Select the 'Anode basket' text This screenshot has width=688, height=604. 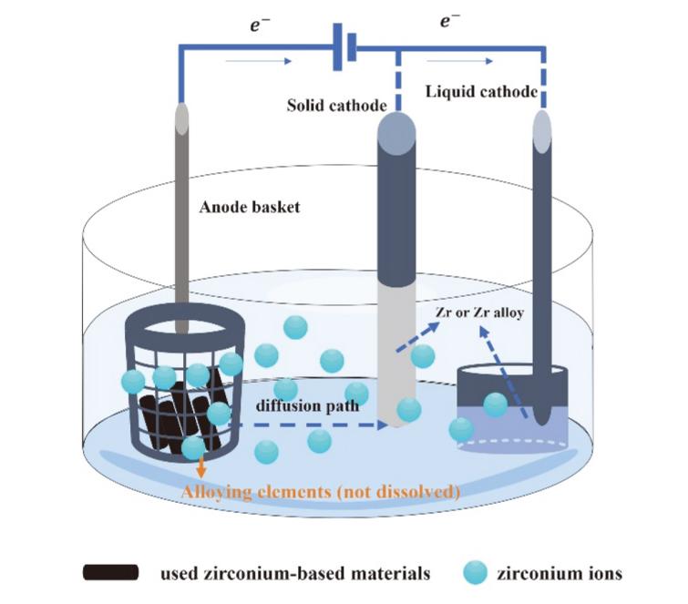point(250,207)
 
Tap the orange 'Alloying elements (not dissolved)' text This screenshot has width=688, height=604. point(321,492)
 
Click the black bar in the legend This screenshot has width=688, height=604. point(110,573)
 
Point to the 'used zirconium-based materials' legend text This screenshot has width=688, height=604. point(294,574)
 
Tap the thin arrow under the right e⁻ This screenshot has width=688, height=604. point(474,62)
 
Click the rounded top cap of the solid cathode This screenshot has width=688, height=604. point(397,126)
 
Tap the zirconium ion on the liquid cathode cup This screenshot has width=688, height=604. point(495,404)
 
